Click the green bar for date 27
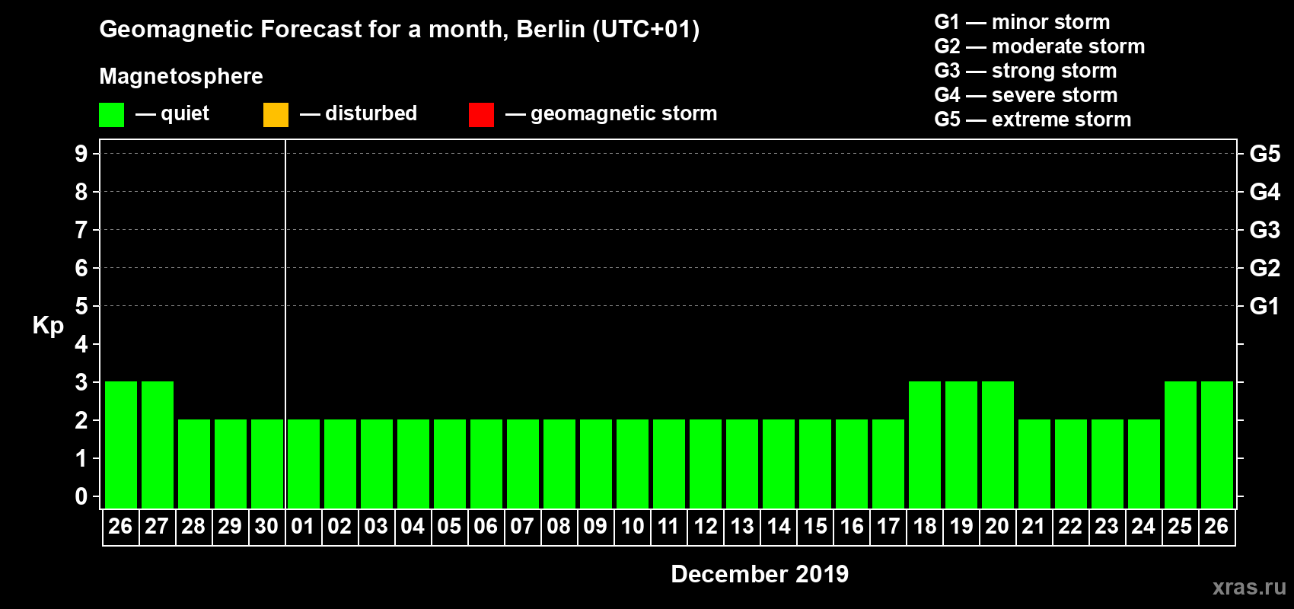[158, 445]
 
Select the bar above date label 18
[925, 445]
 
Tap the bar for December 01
[304, 464]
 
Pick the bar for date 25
[1181, 445]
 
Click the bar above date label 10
[633, 464]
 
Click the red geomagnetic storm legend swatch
[481, 115]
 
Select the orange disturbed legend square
[276, 115]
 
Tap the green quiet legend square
[112, 115]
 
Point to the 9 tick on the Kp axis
[81, 154]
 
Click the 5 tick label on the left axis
[81, 306]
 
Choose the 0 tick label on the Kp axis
[81, 497]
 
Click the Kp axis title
[48, 325]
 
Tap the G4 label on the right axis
[1264, 192]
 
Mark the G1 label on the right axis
[1264, 306]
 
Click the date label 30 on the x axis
[266, 526]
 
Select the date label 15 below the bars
[815, 526]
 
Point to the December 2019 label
[760, 574]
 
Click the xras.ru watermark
[1249, 587]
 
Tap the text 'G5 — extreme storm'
[1032, 120]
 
